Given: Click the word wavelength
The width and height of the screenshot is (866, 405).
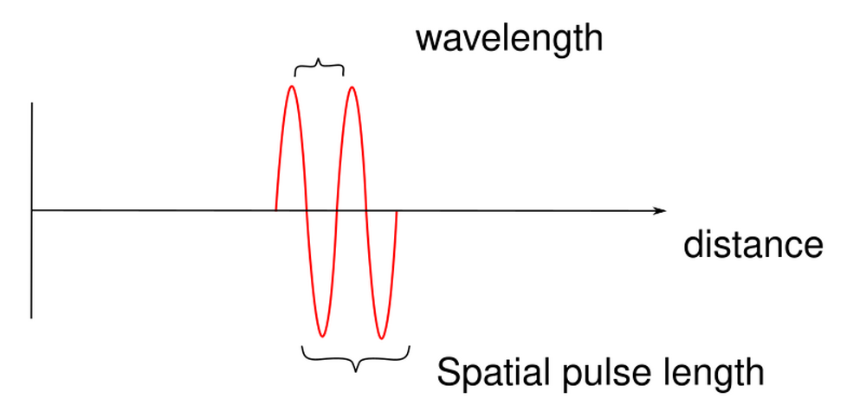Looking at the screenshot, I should [508, 39].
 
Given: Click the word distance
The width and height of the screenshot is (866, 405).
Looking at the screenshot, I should [752, 245].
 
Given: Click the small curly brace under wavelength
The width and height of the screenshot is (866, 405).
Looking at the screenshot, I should [320, 67].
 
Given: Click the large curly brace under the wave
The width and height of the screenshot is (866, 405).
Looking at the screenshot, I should [355, 357].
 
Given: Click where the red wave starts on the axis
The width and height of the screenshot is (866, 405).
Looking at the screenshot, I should [276, 210].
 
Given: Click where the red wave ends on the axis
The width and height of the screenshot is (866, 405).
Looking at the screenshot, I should [396, 210].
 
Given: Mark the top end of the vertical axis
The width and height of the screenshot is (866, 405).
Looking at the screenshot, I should [32, 103].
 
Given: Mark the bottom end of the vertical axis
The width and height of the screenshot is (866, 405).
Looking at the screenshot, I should [32, 318].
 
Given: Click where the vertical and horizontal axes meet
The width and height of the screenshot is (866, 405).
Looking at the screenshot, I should [32, 210].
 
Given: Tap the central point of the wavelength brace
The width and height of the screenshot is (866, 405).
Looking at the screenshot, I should [320, 61].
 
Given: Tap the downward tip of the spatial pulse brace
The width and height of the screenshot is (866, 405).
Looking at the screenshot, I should [355, 370].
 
